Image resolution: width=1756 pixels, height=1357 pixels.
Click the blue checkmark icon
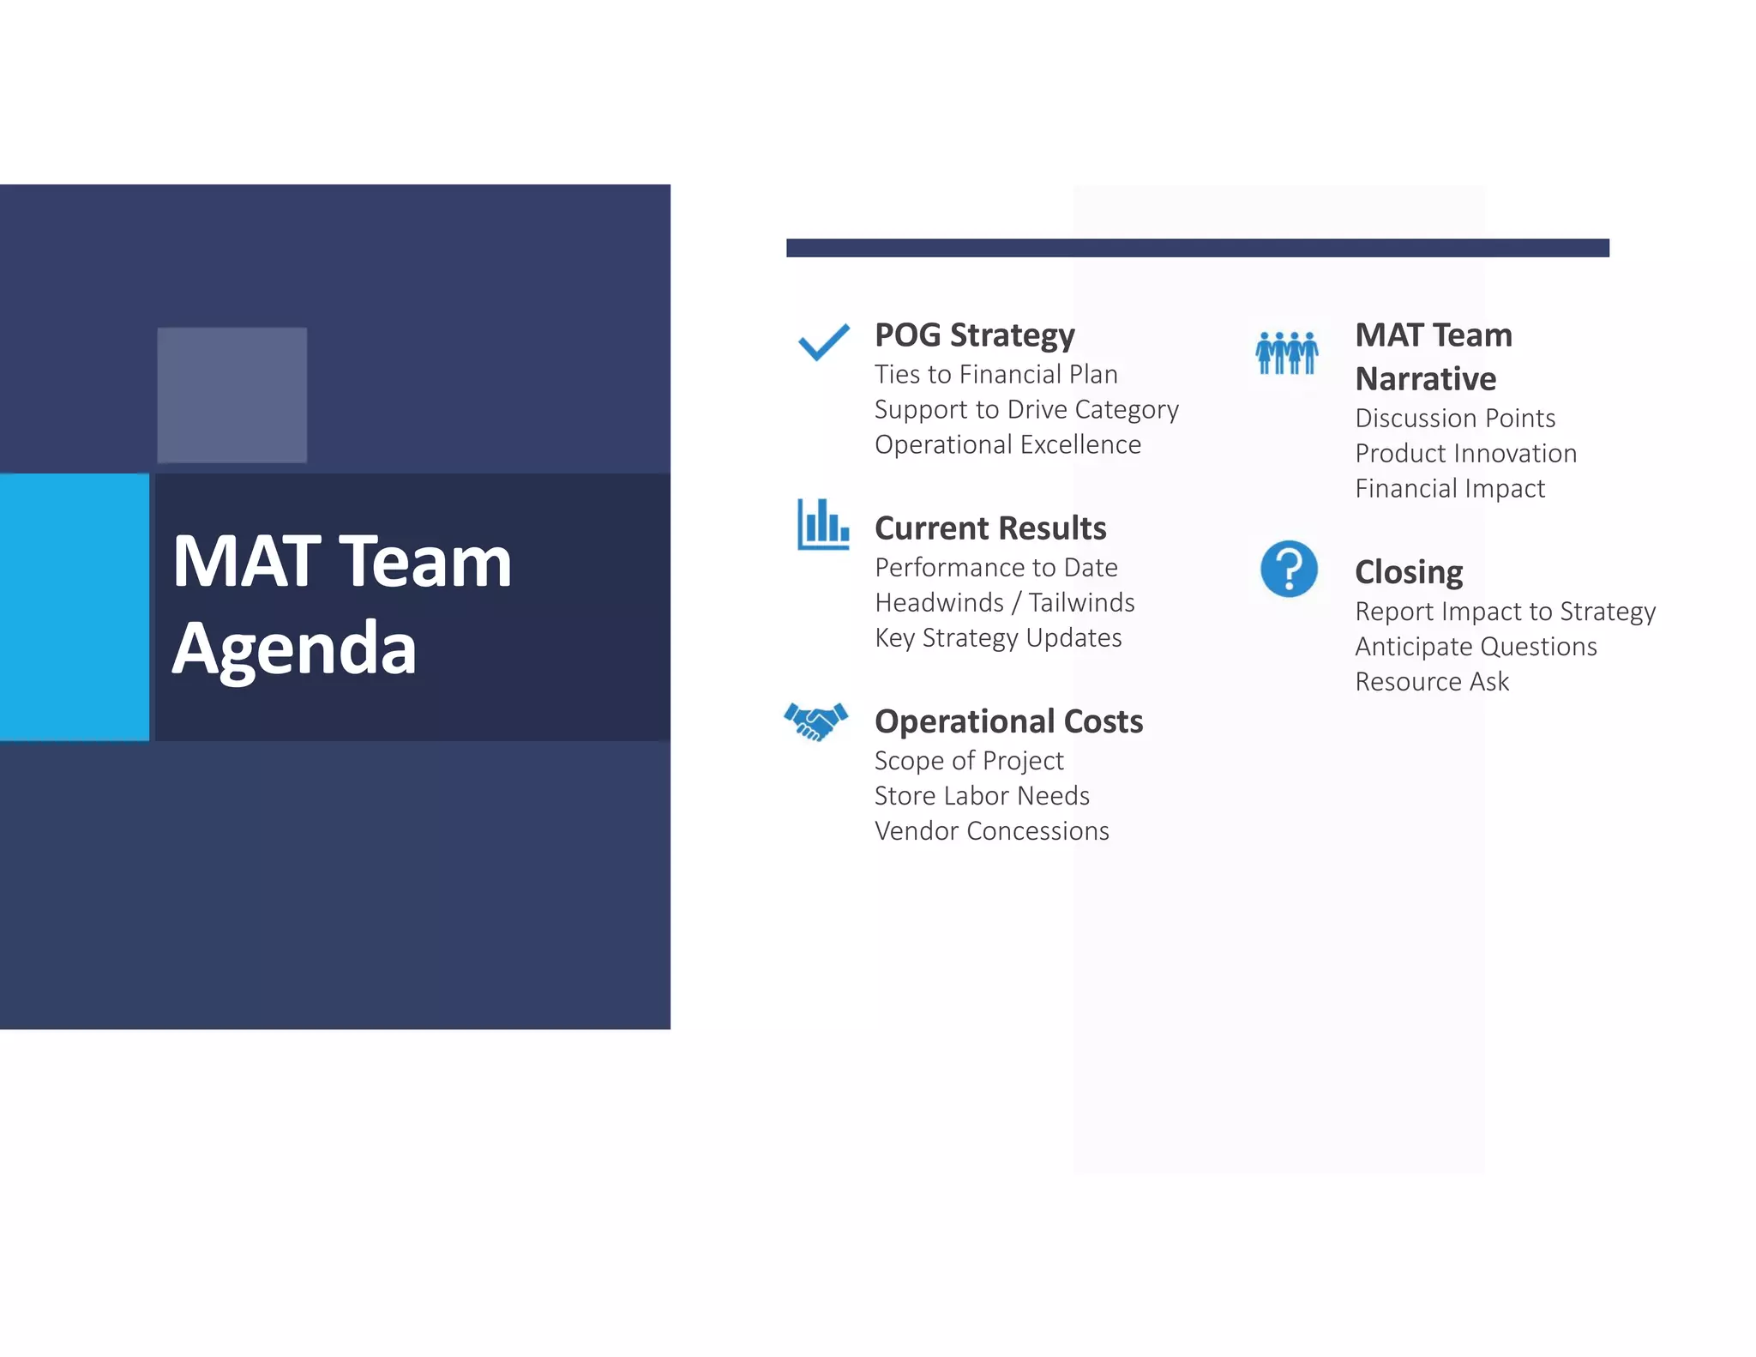pyautogui.click(x=823, y=342)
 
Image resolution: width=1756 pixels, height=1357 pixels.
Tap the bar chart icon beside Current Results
pyautogui.click(x=822, y=524)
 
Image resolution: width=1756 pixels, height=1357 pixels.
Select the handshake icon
pyautogui.click(x=815, y=721)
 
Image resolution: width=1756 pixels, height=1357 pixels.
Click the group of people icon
pyautogui.click(x=1286, y=353)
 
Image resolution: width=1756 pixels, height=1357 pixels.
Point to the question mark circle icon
pyautogui.click(x=1288, y=569)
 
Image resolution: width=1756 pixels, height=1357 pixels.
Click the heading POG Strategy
pyautogui.click(x=974, y=335)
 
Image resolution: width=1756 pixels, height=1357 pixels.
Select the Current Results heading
pyautogui.click(x=989, y=528)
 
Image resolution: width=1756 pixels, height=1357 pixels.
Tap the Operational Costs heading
pyautogui.click(x=1008, y=721)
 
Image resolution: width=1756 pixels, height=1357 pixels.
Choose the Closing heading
pyautogui.click(x=1408, y=572)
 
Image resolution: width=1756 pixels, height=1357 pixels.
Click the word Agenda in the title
pyautogui.click(x=294, y=648)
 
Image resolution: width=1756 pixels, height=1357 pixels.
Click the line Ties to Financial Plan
pyautogui.click(x=995, y=375)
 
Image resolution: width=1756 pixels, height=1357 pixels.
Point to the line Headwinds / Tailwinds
pyautogui.click(x=1004, y=603)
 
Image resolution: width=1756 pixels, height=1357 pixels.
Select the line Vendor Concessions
pyautogui.click(x=991, y=831)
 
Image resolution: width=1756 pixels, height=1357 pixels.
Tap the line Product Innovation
pyautogui.click(x=1465, y=454)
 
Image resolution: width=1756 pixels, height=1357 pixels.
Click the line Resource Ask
pyautogui.click(x=1431, y=682)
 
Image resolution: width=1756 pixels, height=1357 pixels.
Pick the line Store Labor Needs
pyautogui.click(x=982, y=796)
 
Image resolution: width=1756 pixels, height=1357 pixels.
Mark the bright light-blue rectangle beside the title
pyautogui.click(x=74, y=606)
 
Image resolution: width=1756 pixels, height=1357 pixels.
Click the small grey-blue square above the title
pyautogui.click(x=232, y=395)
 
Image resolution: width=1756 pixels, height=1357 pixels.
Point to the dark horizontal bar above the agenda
pyautogui.click(x=1197, y=248)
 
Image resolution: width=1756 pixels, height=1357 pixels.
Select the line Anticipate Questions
pyautogui.click(x=1475, y=647)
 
